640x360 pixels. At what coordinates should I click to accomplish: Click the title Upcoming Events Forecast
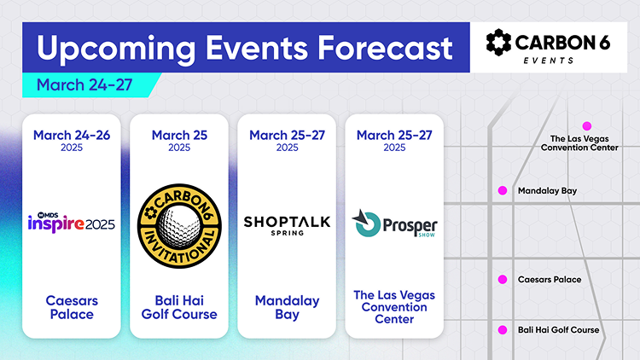[x=244, y=48]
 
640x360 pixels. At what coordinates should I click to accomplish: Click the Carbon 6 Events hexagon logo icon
[x=499, y=44]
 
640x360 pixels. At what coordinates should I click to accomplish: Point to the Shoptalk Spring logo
[x=287, y=224]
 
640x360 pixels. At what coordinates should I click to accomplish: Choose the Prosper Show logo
[x=394, y=224]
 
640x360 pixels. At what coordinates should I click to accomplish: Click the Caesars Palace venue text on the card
[x=72, y=307]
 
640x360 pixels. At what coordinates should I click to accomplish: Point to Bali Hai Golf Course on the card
[x=179, y=307]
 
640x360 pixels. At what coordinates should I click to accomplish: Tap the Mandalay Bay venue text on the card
[x=287, y=307]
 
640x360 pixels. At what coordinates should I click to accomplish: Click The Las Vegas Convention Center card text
[x=394, y=307]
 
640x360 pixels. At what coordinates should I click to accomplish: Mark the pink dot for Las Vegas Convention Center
[x=586, y=125]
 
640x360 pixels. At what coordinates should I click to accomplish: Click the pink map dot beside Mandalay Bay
[x=502, y=190]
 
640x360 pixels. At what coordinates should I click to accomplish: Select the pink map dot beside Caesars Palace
[x=502, y=279]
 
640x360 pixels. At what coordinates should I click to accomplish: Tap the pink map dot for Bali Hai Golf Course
[x=502, y=329]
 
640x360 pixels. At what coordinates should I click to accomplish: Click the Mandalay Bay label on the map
[x=547, y=191]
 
